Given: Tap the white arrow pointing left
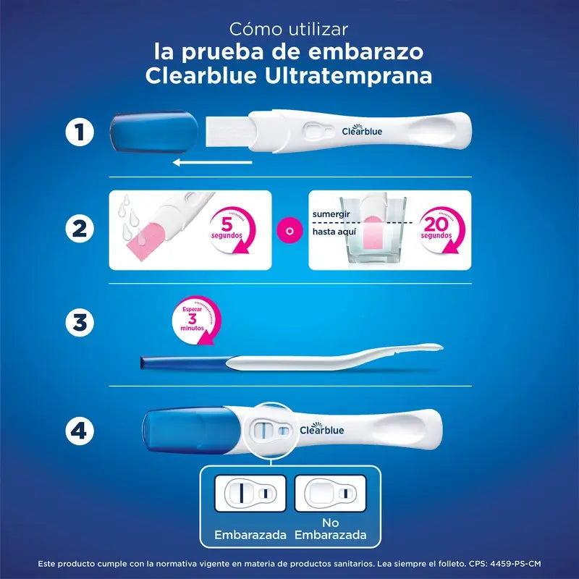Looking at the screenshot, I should coord(212,164).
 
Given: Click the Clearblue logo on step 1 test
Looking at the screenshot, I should coord(362,131).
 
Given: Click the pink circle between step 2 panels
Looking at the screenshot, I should coord(290,230).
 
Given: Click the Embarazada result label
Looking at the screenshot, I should coord(250,535).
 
